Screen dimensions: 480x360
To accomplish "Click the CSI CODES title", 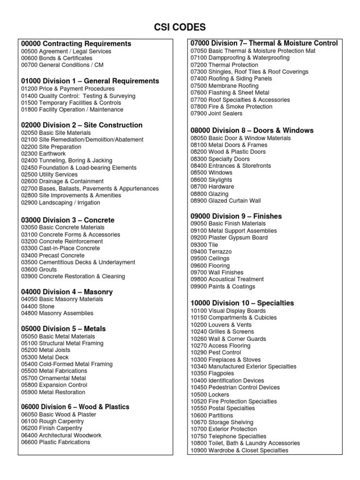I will click(180, 27).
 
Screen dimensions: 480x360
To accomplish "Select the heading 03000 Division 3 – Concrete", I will click(67, 220).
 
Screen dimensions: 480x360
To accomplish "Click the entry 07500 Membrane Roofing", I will click(225, 86).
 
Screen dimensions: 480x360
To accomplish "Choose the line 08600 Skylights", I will click(211, 180).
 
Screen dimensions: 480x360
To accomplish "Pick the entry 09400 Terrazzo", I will click(211, 251).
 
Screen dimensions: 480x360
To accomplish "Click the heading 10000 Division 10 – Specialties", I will click(242, 303).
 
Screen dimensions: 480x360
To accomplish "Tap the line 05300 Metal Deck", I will click(45, 357).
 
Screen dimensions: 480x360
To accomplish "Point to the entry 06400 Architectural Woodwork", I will click(61, 435).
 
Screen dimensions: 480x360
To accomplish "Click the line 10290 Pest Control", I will click(217, 352).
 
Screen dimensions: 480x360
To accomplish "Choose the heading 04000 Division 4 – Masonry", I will click(67, 292).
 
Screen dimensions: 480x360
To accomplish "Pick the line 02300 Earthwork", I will click(44, 153).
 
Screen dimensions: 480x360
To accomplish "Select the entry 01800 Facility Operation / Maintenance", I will click(72, 109).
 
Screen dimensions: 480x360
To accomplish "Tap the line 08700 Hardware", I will click(212, 187).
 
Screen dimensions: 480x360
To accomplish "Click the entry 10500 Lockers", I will click(210, 394).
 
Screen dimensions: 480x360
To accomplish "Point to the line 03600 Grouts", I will click(39, 270).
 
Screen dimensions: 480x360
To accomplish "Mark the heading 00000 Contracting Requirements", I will click(76, 44).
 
